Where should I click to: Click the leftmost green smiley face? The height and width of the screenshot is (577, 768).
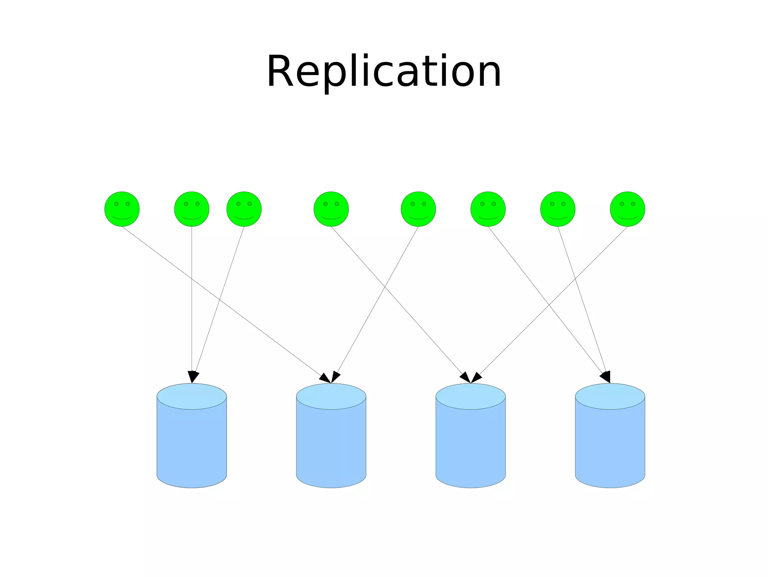pyautogui.click(x=122, y=209)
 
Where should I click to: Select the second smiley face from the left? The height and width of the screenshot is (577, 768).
pyautogui.click(x=192, y=209)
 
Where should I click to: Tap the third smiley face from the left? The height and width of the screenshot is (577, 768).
pyautogui.click(x=244, y=209)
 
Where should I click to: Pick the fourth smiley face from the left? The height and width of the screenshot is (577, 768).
pyautogui.click(x=331, y=209)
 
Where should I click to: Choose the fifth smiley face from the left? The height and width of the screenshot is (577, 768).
pyautogui.click(x=418, y=209)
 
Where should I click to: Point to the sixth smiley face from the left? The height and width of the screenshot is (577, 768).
pyautogui.click(x=488, y=209)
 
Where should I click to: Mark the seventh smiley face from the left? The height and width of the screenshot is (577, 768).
pyautogui.click(x=558, y=209)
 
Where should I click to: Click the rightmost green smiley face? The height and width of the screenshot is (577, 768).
pyautogui.click(x=627, y=209)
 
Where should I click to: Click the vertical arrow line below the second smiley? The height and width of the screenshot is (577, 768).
pyautogui.click(x=192, y=300)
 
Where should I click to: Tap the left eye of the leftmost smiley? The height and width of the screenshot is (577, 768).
pyautogui.click(x=116, y=204)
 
